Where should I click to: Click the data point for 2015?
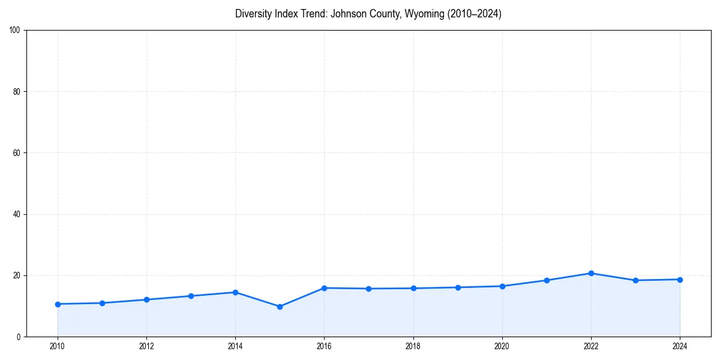[x=280, y=307]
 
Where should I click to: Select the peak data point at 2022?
[x=591, y=273]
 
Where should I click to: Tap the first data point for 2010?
[x=58, y=304]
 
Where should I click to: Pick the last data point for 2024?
[x=680, y=280]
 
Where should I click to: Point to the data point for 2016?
[x=324, y=288]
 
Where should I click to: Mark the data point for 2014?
[x=235, y=292]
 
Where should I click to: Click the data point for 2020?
[x=502, y=286]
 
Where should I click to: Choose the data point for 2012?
[x=146, y=299]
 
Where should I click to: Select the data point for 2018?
[x=413, y=288]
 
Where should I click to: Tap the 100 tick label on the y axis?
[x=16, y=30]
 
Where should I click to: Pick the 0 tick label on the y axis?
[x=19, y=337]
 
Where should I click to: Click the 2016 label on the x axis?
[x=324, y=346]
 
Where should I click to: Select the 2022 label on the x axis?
[x=591, y=346]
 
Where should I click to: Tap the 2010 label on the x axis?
[x=58, y=346]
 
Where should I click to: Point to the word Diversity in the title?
[x=253, y=14]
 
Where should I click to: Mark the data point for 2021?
[x=547, y=280]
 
